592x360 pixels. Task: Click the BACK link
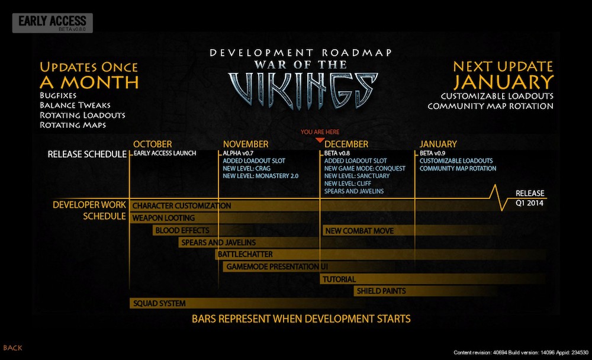(12, 348)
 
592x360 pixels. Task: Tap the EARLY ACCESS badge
(53, 23)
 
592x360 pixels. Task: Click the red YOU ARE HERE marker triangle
(320, 140)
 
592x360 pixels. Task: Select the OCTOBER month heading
(152, 144)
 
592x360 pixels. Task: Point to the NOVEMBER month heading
(246, 144)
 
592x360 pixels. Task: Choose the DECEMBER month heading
(346, 144)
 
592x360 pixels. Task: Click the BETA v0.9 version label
(432, 153)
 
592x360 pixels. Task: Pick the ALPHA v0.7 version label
(238, 153)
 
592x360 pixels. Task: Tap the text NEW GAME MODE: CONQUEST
(365, 169)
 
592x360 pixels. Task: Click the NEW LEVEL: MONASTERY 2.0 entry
(260, 176)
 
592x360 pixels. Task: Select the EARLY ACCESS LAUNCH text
(165, 153)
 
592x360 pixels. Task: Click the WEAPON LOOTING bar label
(163, 218)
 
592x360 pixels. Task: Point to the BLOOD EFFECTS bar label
(182, 230)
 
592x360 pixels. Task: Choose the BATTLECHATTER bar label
(245, 254)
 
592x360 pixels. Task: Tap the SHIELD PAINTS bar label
(381, 291)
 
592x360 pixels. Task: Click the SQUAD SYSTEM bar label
(159, 303)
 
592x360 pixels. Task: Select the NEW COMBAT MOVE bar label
(359, 231)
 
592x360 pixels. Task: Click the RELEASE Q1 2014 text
(530, 198)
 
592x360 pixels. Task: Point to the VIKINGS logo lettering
(303, 90)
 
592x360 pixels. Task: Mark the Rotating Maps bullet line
(73, 125)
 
